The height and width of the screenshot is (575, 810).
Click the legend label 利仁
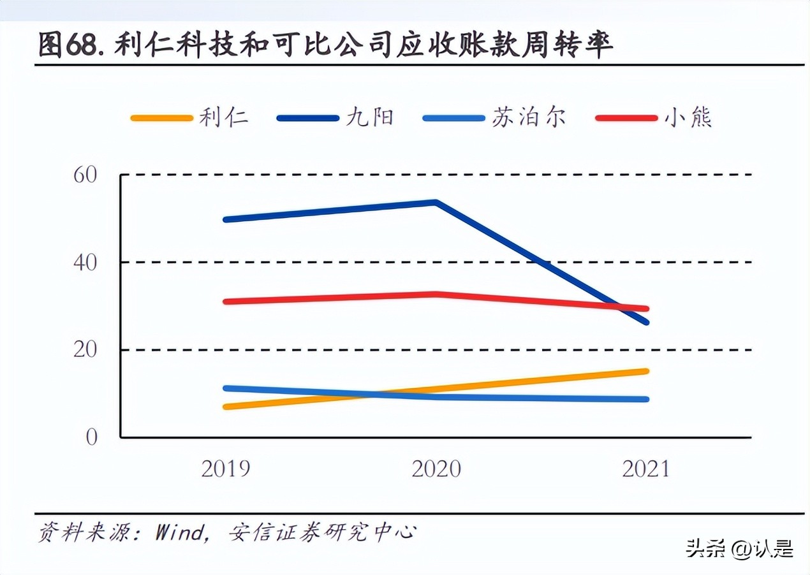pos(223,118)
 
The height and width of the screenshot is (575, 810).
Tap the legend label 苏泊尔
pos(528,118)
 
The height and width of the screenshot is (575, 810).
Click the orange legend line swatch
pos(161,119)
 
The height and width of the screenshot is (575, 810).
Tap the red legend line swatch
pos(626,119)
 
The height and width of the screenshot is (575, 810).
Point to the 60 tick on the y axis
pos(85,175)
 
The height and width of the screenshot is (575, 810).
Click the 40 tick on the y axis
pos(85,262)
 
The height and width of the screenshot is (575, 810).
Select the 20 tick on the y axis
pos(85,350)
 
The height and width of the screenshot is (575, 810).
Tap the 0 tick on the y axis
pos(92,437)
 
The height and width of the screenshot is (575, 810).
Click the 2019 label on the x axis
pos(226,469)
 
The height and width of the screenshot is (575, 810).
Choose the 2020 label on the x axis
pos(436,469)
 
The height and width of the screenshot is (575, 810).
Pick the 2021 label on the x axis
pos(646,469)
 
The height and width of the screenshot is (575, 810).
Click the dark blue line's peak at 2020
pos(435,203)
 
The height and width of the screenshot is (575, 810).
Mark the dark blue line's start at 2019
pos(226,219)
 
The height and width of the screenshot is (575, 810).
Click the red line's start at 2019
pos(226,302)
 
